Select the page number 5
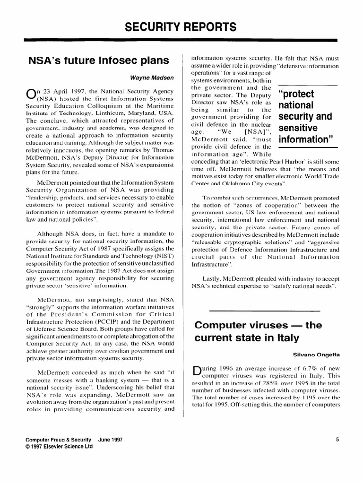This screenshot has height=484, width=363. (337, 439)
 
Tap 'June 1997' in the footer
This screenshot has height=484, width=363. (111, 439)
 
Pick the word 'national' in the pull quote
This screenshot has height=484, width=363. (296, 104)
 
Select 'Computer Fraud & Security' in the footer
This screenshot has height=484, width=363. (59, 439)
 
